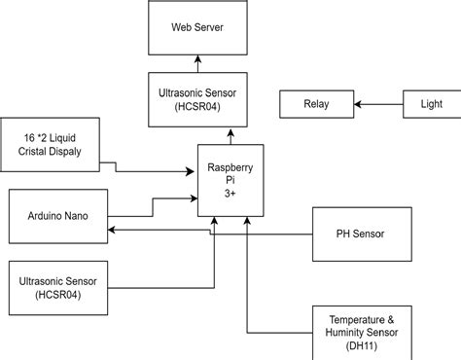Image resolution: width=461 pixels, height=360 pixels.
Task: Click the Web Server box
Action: coord(197,28)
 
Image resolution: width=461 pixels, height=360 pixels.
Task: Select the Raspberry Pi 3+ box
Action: coord(230,181)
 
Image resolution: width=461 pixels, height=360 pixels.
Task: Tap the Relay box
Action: coord(316,103)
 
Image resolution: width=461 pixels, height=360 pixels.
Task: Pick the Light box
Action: coord(431,103)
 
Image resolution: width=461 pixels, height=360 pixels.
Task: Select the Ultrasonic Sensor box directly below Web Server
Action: coord(197,99)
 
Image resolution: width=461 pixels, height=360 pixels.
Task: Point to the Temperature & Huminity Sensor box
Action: coord(363,332)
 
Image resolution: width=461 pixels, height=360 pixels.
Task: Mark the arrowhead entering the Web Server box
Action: coord(197,59)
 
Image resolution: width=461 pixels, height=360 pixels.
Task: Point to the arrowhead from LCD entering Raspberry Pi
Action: coord(192,171)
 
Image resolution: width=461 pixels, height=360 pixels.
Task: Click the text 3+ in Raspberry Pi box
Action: coord(230,195)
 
